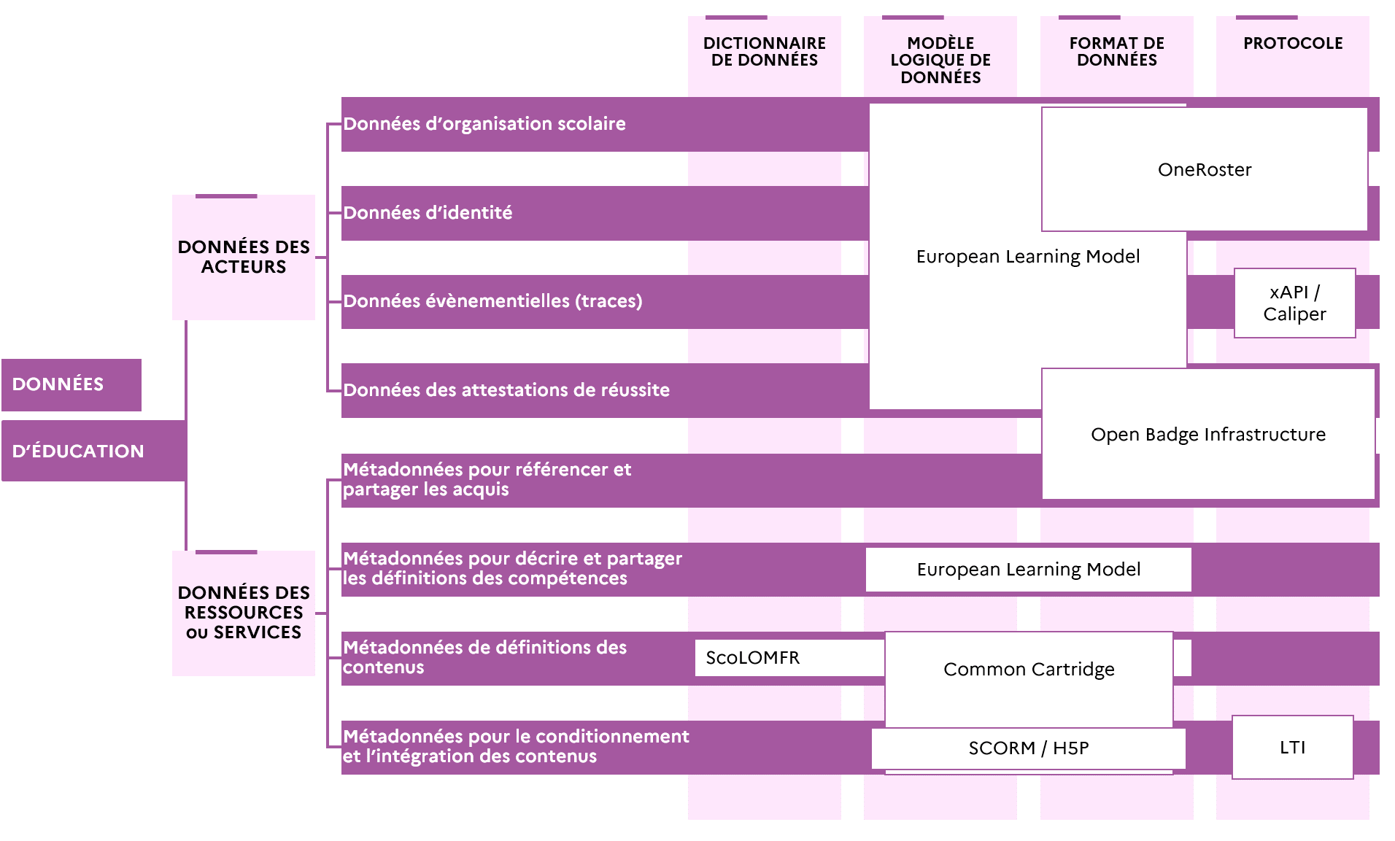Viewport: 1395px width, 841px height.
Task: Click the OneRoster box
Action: point(1205,169)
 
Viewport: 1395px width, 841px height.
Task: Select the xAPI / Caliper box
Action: point(1295,303)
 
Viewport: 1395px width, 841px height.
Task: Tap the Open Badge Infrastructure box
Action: point(1208,434)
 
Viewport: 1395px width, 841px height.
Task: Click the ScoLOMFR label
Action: point(753,658)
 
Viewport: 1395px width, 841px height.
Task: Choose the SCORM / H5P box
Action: point(1029,748)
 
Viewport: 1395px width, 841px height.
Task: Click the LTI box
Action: point(1293,747)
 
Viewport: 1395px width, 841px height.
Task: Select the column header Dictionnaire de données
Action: point(765,52)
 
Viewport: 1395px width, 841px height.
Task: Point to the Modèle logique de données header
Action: point(940,60)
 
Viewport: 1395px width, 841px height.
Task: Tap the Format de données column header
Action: point(1117,52)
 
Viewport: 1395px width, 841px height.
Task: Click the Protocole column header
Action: point(1293,43)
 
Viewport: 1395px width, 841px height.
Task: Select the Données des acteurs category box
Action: point(244,257)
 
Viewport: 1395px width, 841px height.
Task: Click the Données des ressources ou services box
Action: point(244,613)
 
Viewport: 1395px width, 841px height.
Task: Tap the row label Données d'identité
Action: point(428,213)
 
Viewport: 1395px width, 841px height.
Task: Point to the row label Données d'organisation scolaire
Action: point(484,124)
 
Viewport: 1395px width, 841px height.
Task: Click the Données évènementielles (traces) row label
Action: point(492,301)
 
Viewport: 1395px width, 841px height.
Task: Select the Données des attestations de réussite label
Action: point(506,390)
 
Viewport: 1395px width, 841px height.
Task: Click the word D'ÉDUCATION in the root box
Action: point(78,451)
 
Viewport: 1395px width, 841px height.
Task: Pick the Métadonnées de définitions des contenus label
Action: point(484,657)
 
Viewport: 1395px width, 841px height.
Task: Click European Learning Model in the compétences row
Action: point(1029,570)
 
